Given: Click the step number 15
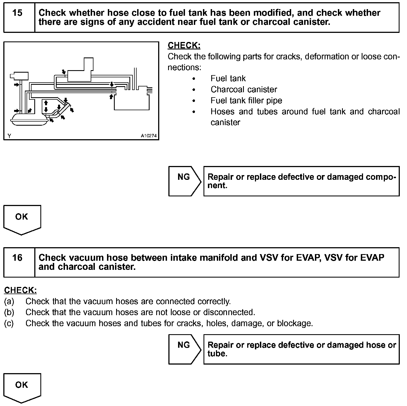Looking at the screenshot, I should click(17, 13).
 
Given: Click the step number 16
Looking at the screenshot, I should click(17, 258).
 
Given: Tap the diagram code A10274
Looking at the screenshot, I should click(148, 136).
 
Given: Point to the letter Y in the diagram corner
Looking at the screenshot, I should click(9, 136).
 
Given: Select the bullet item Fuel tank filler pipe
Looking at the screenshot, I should click(246, 101).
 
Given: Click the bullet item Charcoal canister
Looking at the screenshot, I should click(244, 89).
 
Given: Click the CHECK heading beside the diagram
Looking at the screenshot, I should click(184, 46).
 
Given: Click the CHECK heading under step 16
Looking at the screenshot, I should click(20, 290).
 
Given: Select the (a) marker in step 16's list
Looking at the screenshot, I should click(9, 301).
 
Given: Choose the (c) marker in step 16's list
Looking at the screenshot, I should click(9, 323).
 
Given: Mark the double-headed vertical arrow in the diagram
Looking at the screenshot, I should click(46, 106).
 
